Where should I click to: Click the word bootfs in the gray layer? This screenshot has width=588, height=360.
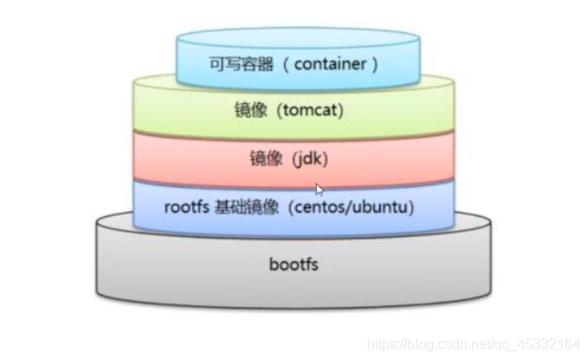tap(293, 262)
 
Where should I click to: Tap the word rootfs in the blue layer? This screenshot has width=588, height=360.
tap(183, 208)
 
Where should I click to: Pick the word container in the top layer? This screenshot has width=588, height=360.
tap(331, 64)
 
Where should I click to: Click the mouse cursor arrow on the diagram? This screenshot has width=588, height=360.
tap(320, 189)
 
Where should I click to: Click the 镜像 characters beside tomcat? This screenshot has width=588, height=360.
tap(246, 111)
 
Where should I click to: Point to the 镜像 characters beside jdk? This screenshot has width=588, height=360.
tap(263, 160)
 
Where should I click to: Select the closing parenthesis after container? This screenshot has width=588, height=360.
tap(375, 64)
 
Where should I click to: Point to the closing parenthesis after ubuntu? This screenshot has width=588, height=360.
tap(412, 208)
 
